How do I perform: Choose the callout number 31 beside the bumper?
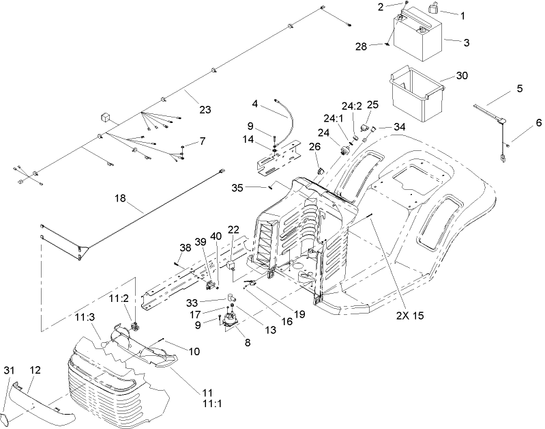[x=8, y=370]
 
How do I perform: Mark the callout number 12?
[x=35, y=370]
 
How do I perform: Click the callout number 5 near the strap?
[x=519, y=88]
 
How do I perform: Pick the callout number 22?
[x=233, y=229]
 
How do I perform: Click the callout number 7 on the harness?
[x=202, y=141]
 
